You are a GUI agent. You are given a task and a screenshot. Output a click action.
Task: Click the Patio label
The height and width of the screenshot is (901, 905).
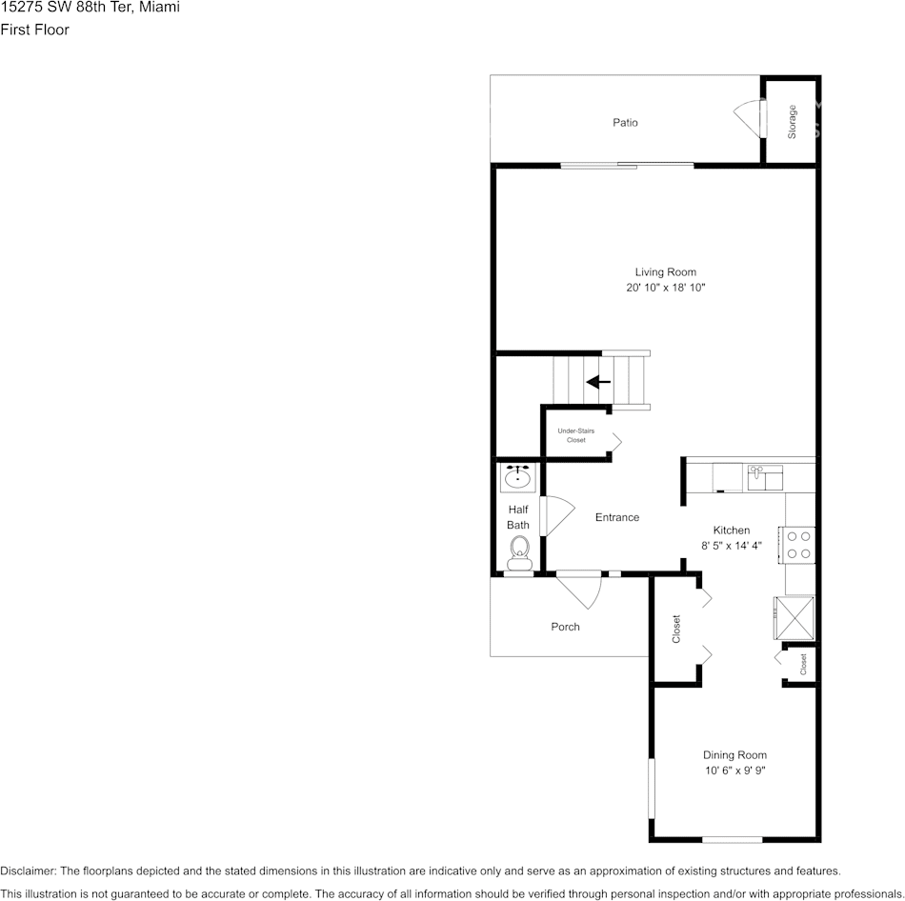[x=625, y=123]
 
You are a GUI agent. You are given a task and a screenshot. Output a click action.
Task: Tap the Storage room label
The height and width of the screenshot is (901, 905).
[x=792, y=122]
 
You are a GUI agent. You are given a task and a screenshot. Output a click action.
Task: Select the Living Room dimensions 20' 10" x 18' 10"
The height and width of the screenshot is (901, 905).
[x=666, y=287]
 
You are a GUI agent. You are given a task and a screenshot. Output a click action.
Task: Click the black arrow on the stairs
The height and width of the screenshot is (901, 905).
[x=598, y=382]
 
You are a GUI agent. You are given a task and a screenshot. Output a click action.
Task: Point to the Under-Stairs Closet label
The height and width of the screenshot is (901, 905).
[x=576, y=435]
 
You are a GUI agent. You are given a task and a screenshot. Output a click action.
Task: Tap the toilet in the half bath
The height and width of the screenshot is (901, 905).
[x=519, y=551]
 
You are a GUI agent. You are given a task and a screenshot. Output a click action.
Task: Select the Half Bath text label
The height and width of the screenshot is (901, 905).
[x=518, y=517]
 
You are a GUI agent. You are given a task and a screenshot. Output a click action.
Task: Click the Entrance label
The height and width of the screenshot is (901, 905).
[x=617, y=517]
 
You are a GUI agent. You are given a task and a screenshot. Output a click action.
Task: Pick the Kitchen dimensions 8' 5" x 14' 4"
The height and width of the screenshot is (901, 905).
[x=732, y=547]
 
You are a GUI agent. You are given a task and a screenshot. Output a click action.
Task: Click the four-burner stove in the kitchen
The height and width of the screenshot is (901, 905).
[x=799, y=544]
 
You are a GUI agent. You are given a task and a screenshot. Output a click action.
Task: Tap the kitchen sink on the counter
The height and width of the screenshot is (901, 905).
[x=764, y=473]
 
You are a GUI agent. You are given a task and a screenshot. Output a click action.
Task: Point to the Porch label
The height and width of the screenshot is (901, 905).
[x=565, y=627]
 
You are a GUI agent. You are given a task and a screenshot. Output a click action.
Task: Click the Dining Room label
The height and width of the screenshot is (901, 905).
[x=734, y=755]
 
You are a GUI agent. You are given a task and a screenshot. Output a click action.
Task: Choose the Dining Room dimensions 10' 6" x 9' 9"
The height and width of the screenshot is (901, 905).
[x=734, y=771]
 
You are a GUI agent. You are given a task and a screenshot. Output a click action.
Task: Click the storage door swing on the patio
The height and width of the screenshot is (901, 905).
[x=748, y=118]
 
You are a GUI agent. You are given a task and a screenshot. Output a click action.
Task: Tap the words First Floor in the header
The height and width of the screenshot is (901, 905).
[x=34, y=30]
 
